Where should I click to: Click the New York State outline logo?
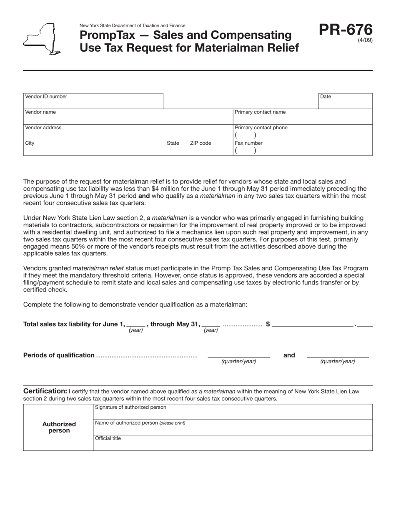[41, 39]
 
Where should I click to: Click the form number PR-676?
[346, 30]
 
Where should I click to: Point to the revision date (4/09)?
[365, 40]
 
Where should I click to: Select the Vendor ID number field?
[93, 101]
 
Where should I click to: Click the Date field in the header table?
[345, 101]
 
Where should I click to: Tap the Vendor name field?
[128, 117]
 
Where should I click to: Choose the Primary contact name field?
[302, 117]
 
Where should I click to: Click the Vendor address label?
[43, 128]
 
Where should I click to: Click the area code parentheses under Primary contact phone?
[246, 136]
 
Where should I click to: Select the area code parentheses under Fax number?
[246, 151]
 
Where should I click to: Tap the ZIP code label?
[201, 143]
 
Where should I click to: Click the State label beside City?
[173, 143]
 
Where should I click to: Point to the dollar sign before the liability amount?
[268, 324]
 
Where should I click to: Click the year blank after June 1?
[136, 324]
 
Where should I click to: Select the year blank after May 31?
[211, 324]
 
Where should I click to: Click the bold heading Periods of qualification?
[59, 355]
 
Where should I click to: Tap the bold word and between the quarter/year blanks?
[289, 355]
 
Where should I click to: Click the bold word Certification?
[45, 391]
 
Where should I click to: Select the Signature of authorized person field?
[232, 412]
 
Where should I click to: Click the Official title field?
[232, 443]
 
